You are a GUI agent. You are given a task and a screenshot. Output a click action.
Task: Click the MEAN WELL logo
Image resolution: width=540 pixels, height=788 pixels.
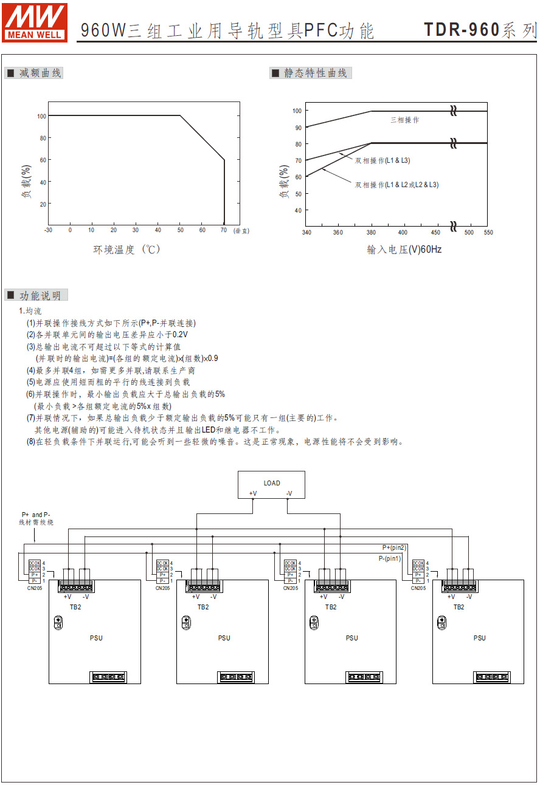[x=35, y=22]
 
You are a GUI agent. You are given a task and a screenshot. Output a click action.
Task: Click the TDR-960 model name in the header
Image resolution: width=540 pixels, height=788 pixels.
[x=462, y=30]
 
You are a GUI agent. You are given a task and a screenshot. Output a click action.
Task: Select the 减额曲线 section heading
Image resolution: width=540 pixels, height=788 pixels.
[x=35, y=74]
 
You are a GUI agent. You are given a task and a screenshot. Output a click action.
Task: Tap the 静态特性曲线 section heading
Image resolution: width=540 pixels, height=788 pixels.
[x=311, y=74]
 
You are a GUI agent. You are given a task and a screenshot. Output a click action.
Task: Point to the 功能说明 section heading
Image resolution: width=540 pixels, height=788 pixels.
[x=36, y=296]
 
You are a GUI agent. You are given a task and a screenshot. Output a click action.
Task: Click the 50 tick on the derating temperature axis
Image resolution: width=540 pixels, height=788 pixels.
[x=180, y=230]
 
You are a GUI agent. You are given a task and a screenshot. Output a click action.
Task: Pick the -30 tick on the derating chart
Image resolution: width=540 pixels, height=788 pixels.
[x=48, y=230]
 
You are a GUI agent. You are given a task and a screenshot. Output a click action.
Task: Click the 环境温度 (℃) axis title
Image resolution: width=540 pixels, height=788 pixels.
[x=126, y=249]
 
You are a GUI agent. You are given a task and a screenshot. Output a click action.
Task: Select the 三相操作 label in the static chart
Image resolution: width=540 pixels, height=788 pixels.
[x=404, y=120]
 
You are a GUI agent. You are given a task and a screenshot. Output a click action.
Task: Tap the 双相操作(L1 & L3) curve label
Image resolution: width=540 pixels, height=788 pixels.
[x=382, y=161]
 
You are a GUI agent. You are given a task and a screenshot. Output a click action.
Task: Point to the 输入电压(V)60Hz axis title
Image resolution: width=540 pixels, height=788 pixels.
[x=404, y=249]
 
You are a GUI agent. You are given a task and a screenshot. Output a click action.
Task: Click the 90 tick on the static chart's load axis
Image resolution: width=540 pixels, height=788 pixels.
[x=297, y=128]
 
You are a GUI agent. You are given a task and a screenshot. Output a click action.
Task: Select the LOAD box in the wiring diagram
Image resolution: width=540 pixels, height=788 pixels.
[x=271, y=484]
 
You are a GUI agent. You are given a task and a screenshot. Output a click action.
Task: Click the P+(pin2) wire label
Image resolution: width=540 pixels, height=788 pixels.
[x=394, y=548]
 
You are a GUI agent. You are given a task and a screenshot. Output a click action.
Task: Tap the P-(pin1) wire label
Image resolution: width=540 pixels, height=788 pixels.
[x=390, y=558]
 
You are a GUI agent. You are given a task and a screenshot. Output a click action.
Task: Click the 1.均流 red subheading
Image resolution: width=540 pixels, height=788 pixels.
[x=30, y=311]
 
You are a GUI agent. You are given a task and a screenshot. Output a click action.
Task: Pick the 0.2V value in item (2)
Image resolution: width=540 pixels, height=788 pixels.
[x=180, y=335]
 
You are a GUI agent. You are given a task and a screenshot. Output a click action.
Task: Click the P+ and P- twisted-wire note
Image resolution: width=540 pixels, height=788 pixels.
[x=36, y=518]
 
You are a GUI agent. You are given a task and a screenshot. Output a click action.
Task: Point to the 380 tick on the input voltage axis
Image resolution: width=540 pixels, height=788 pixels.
[x=370, y=233]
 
